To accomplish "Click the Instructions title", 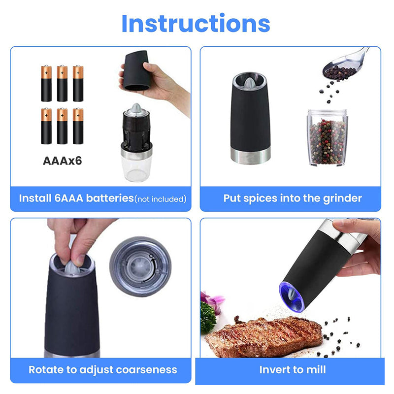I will pyautogui.click(x=196, y=24).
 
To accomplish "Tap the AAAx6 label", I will pyautogui.click(x=62, y=161).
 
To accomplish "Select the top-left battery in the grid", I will pyautogui.click(x=46, y=83).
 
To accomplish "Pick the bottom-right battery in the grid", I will pyautogui.click(x=78, y=126).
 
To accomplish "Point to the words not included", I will pyautogui.click(x=161, y=199).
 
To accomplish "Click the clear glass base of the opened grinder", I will pyautogui.click(x=136, y=164).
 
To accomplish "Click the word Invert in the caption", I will pyautogui.click(x=275, y=369).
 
